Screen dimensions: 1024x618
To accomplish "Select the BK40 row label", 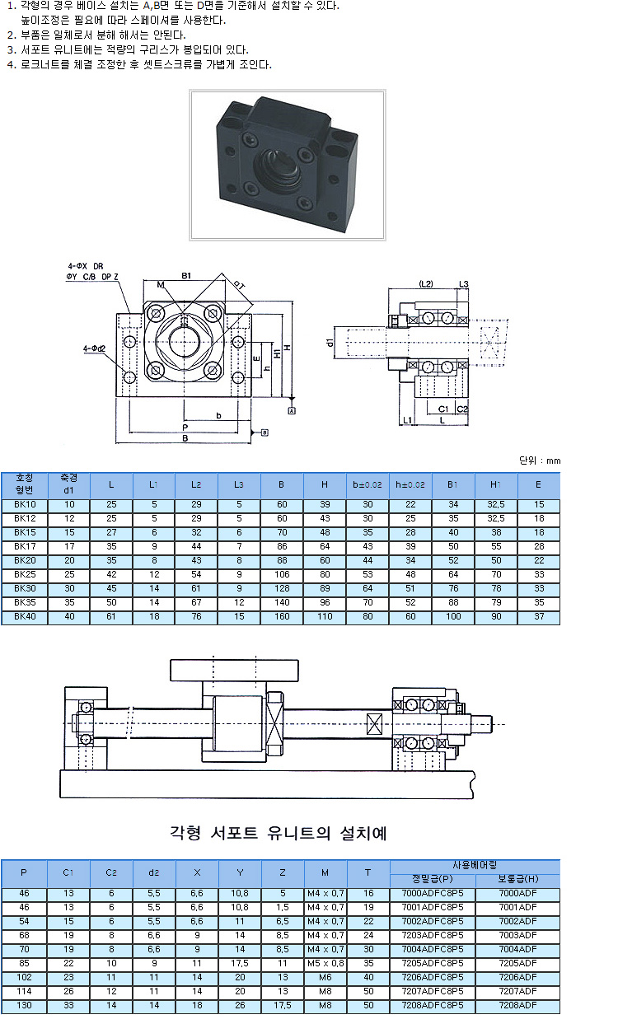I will [x=25, y=616].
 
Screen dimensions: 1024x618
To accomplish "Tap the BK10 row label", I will [x=25, y=504].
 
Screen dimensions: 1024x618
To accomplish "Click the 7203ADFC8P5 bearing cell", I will [x=433, y=935].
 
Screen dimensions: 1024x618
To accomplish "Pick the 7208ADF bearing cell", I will [x=517, y=1007].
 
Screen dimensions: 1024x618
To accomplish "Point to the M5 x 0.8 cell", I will [x=325, y=964].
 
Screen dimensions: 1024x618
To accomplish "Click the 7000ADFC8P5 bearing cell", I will [x=433, y=893].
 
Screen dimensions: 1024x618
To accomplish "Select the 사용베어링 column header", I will [x=475, y=865].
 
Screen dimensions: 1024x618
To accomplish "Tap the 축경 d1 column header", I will [x=69, y=484].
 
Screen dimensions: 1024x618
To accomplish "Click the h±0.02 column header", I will [x=410, y=484].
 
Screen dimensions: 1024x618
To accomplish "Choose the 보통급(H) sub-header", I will [x=517, y=878].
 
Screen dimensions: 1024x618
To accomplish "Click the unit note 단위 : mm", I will [x=540, y=460].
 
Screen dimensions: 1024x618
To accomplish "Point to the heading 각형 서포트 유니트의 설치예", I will [x=278, y=833].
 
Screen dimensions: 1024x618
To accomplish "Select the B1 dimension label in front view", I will [x=186, y=274].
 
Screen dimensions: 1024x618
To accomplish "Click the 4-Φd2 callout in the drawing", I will [x=94, y=348].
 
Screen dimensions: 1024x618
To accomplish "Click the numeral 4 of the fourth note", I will [x=11, y=63].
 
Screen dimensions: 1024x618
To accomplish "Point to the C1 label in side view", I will [x=442, y=409].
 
